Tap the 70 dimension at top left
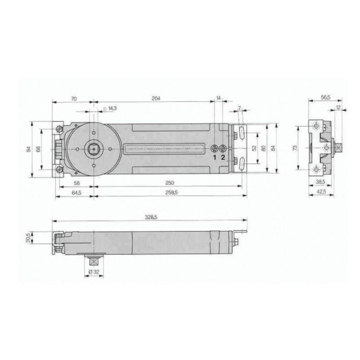click(74, 98)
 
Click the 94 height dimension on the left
click(28, 149)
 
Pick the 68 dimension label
click(38, 149)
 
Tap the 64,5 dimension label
click(77, 193)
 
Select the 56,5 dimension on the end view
click(325, 97)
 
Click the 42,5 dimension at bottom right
click(321, 193)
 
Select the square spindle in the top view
click(94, 149)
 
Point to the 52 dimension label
click(254, 148)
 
